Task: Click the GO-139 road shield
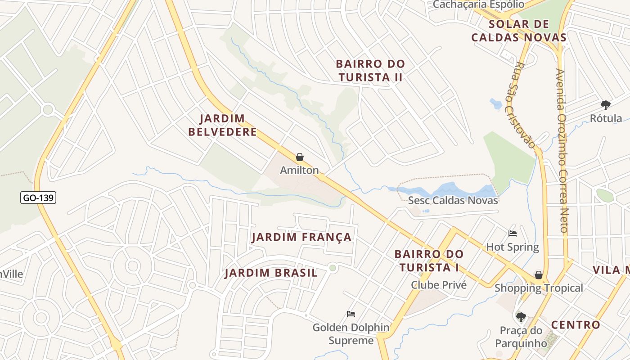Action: (38, 198)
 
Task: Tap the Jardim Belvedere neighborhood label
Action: (223, 125)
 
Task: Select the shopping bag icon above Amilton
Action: (300, 157)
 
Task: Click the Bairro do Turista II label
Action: (370, 71)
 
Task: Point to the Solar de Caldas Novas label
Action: (518, 31)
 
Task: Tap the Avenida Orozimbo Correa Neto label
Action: (562, 150)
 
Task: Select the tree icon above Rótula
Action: (605, 105)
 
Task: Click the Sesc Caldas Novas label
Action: (453, 200)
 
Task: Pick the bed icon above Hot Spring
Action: (513, 233)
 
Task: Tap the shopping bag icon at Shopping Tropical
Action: (538, 275)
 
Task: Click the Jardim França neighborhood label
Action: (301, 237)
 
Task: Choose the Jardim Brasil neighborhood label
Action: (271, 273)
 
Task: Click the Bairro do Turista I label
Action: (429, 261)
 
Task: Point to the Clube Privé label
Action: (439, 285)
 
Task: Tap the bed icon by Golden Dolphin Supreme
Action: (351, 314)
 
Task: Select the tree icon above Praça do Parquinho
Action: (521, 317)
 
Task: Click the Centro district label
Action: (576, 324)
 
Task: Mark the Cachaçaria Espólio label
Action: (478, 4)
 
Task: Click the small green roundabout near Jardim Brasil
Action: (333, 268)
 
